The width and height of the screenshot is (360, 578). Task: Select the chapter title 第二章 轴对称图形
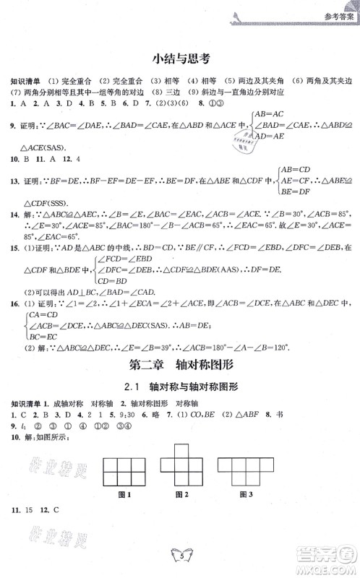[x=180, y=365]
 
